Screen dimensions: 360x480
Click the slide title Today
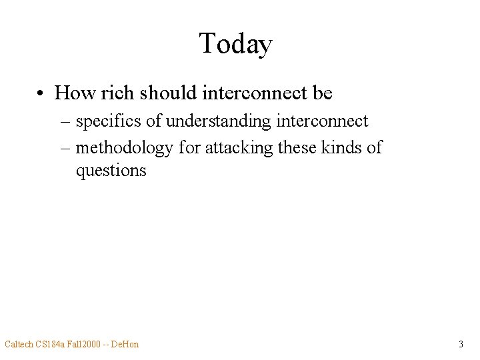tap(235, 45)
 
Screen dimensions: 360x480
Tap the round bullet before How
tap(41, 93)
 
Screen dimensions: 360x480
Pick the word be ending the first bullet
tap(322, 93)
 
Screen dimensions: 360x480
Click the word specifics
tap(109, 121)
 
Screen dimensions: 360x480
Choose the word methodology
tap(124, 147)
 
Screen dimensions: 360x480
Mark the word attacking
tap(237, 147)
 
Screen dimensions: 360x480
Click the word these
tap(295, 147)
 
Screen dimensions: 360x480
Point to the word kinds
tap(343, 147)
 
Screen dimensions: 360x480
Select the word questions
tap(111, 171)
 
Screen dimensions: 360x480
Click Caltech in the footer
tap(18, 344)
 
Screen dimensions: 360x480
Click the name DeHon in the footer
tap(126, 344)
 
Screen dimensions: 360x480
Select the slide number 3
tap(461, 344)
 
